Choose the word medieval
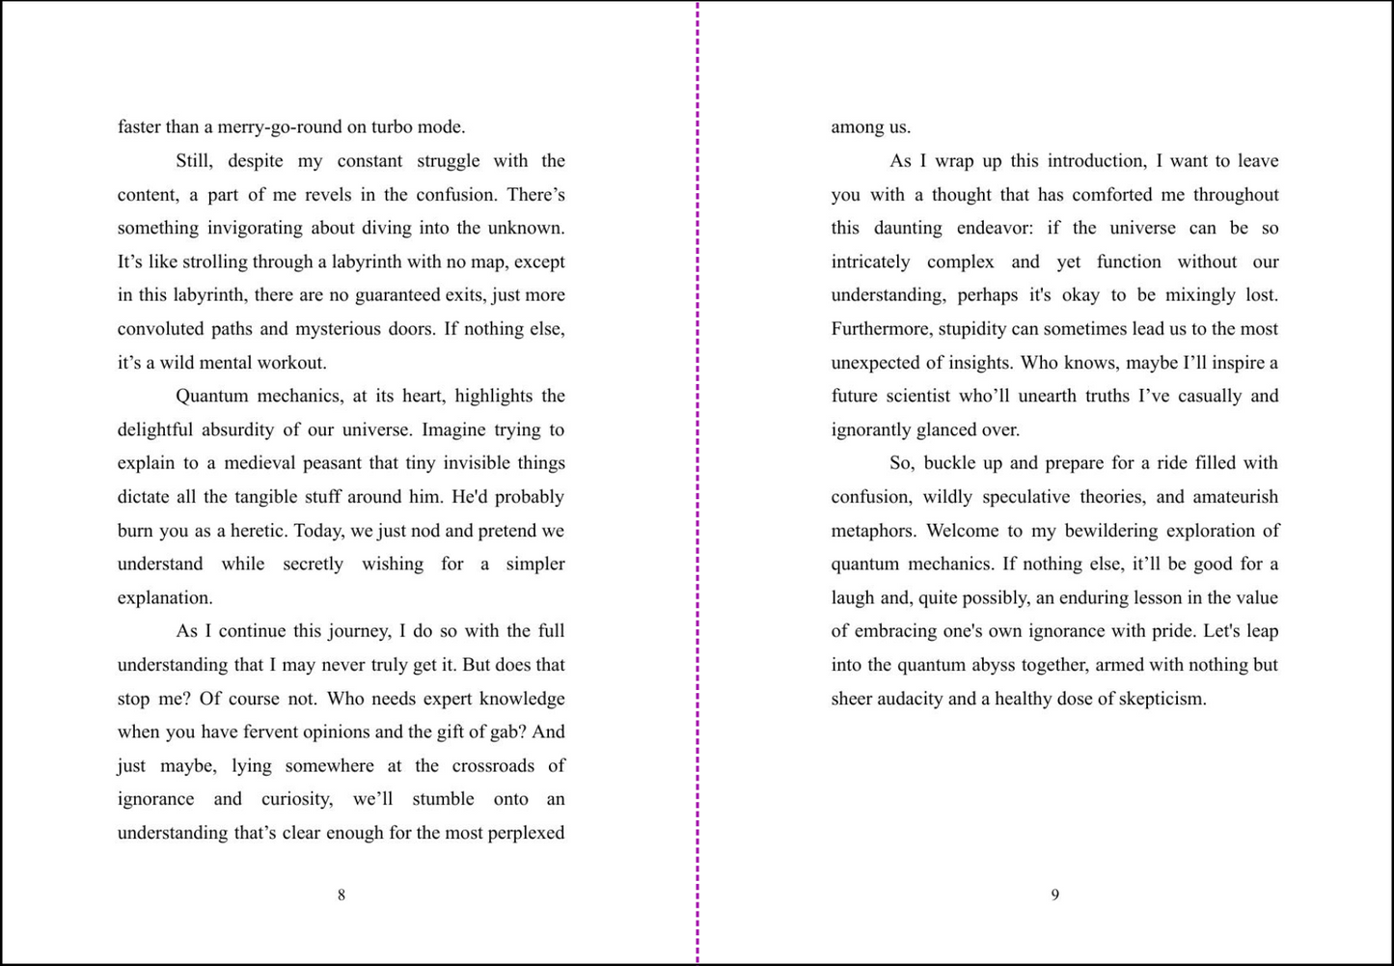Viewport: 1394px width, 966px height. [x=260, y=463]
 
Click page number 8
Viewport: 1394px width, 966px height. [x=342, y=896]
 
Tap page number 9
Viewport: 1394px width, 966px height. [x=1054, y=896]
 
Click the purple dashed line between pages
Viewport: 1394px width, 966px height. [x=697, y=483]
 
